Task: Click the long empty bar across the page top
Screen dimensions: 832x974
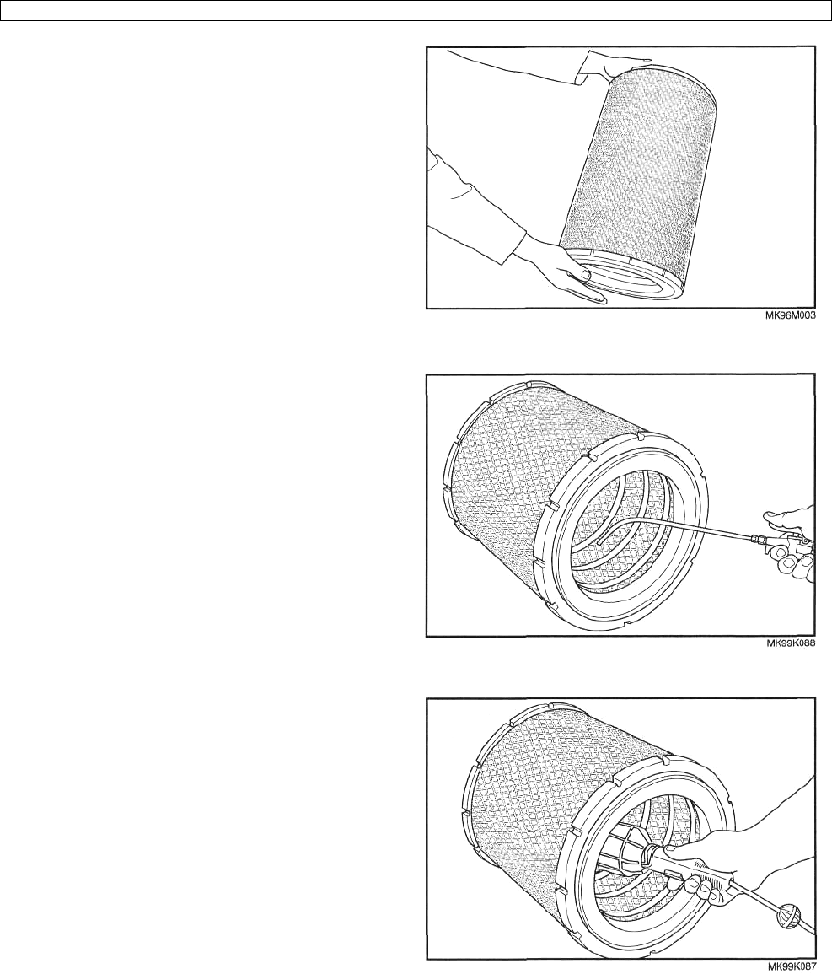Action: click(x=416, y=11)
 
